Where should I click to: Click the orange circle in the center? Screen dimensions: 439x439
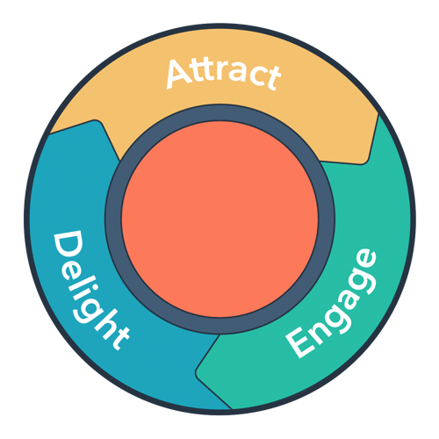point(219,219)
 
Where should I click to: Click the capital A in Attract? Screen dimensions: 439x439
point(177,76)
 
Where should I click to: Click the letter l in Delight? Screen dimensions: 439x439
point(83,280)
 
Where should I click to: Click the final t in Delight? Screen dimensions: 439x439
point(120,335)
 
